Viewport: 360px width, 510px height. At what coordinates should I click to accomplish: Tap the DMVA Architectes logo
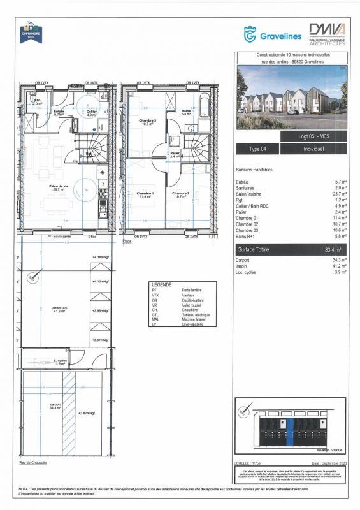coord(327,34)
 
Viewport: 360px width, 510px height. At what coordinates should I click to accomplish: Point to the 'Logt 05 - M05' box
coord(313,136)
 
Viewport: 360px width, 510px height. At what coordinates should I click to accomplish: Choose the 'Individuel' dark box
coord(313,149)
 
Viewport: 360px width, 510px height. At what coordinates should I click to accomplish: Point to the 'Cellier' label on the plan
coord(92,112)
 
